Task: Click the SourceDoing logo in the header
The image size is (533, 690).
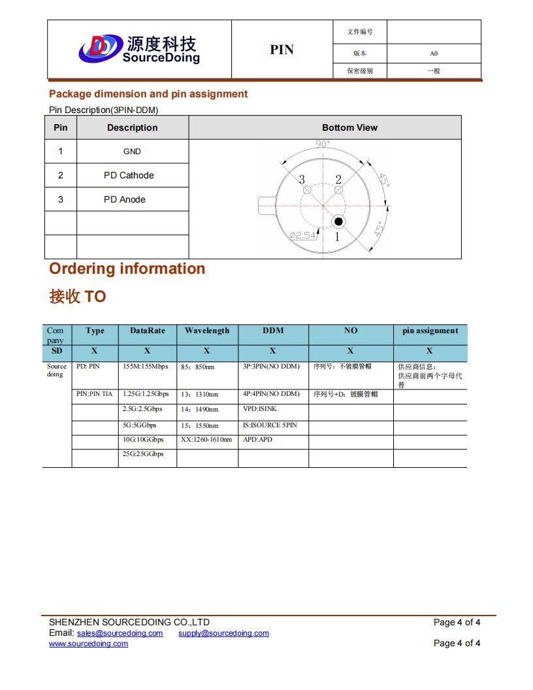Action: (x=138, y=49)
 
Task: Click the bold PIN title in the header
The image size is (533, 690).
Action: (x=282, y=50)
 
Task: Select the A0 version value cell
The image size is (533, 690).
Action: (x=434, y=54)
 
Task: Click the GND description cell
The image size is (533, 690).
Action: (x=132, y=152)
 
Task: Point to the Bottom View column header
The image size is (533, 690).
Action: (x=349, y=127)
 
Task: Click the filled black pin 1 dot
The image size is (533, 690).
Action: (x=338, y=221)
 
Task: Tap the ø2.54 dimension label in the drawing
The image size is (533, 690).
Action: (x=303, y=235)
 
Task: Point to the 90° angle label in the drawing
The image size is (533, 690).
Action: (x=323, y=144)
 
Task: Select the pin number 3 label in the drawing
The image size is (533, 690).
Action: (x=302, y=180)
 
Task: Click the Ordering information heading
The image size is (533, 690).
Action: (x=127, y=269)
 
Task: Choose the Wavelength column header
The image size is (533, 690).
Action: (x=207, y=331)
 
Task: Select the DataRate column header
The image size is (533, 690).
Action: (x=148, y=331)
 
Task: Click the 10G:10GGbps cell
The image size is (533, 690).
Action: (x=143, y=440)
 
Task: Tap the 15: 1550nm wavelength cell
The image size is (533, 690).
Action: (x=200, y=425)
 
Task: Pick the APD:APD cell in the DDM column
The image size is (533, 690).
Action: (x=257, y=440)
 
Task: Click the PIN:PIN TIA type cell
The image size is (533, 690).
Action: (x=95, y=394)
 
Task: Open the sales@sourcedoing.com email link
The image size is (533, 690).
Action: (x=120, y=633)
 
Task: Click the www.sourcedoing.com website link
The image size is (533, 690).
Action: (x=88, y=644)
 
